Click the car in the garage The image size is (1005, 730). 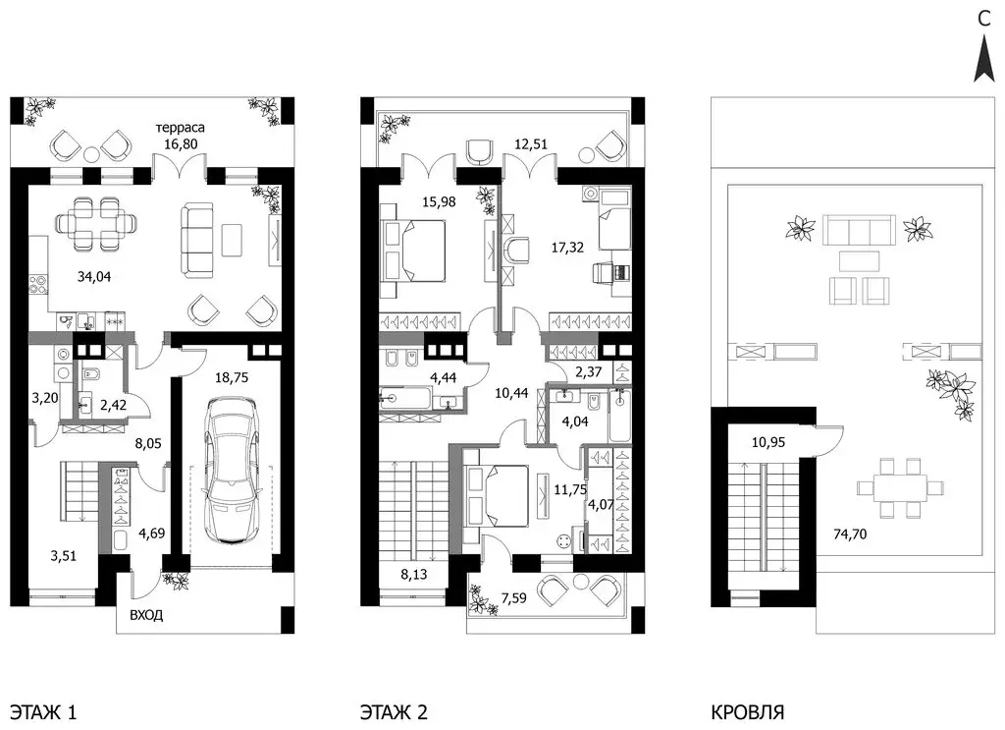pos(232,471)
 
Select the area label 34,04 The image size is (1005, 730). pos(93,276)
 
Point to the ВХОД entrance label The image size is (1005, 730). pos(146,615)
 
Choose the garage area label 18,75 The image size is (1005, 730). pos(231,377)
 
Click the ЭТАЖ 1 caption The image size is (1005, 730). pos(44,712)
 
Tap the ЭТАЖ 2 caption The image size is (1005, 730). pos(394,712)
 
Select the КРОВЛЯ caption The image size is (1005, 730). pos(747,712)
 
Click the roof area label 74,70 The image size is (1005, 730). pos(850,533)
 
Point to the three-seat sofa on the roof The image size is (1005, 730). pos(859,229)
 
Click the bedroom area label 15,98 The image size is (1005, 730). pos(439,201)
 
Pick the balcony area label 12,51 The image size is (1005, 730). pos(531,143)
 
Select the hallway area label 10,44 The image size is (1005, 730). pos(510,393)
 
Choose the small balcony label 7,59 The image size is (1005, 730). pos(514,598)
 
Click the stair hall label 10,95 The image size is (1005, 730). pos(767,442)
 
